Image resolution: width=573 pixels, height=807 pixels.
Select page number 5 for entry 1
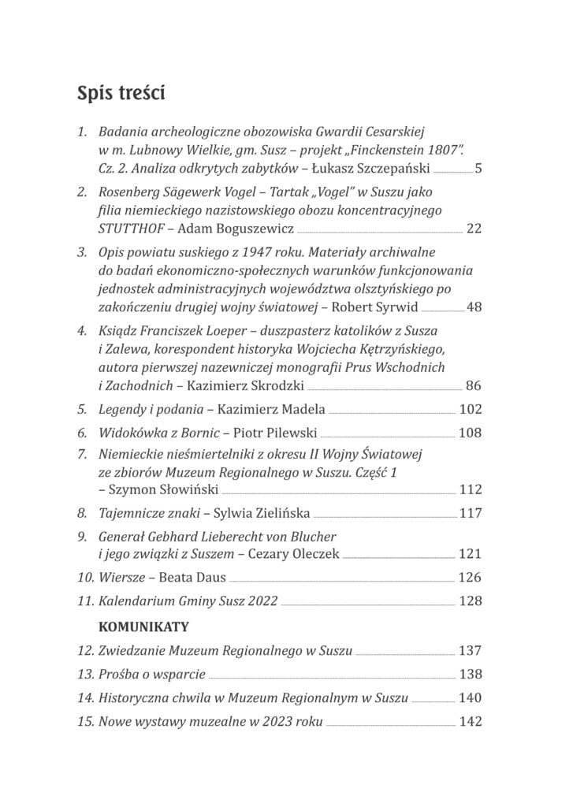(x=478, y=168)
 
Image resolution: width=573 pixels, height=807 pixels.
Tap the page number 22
(x=474, y=229)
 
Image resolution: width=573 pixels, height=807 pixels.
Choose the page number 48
(x=474, y=307)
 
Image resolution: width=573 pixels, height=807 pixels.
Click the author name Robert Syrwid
(x=379, y=307)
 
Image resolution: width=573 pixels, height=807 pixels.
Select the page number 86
(x=474, y=385)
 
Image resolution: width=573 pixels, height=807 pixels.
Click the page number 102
(x=470, y=409)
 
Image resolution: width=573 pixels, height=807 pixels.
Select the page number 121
(x=470, y=554)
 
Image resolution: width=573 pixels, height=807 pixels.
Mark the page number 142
(x=470, y=722)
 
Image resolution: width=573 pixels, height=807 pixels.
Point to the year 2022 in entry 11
(x=262, y=601)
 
